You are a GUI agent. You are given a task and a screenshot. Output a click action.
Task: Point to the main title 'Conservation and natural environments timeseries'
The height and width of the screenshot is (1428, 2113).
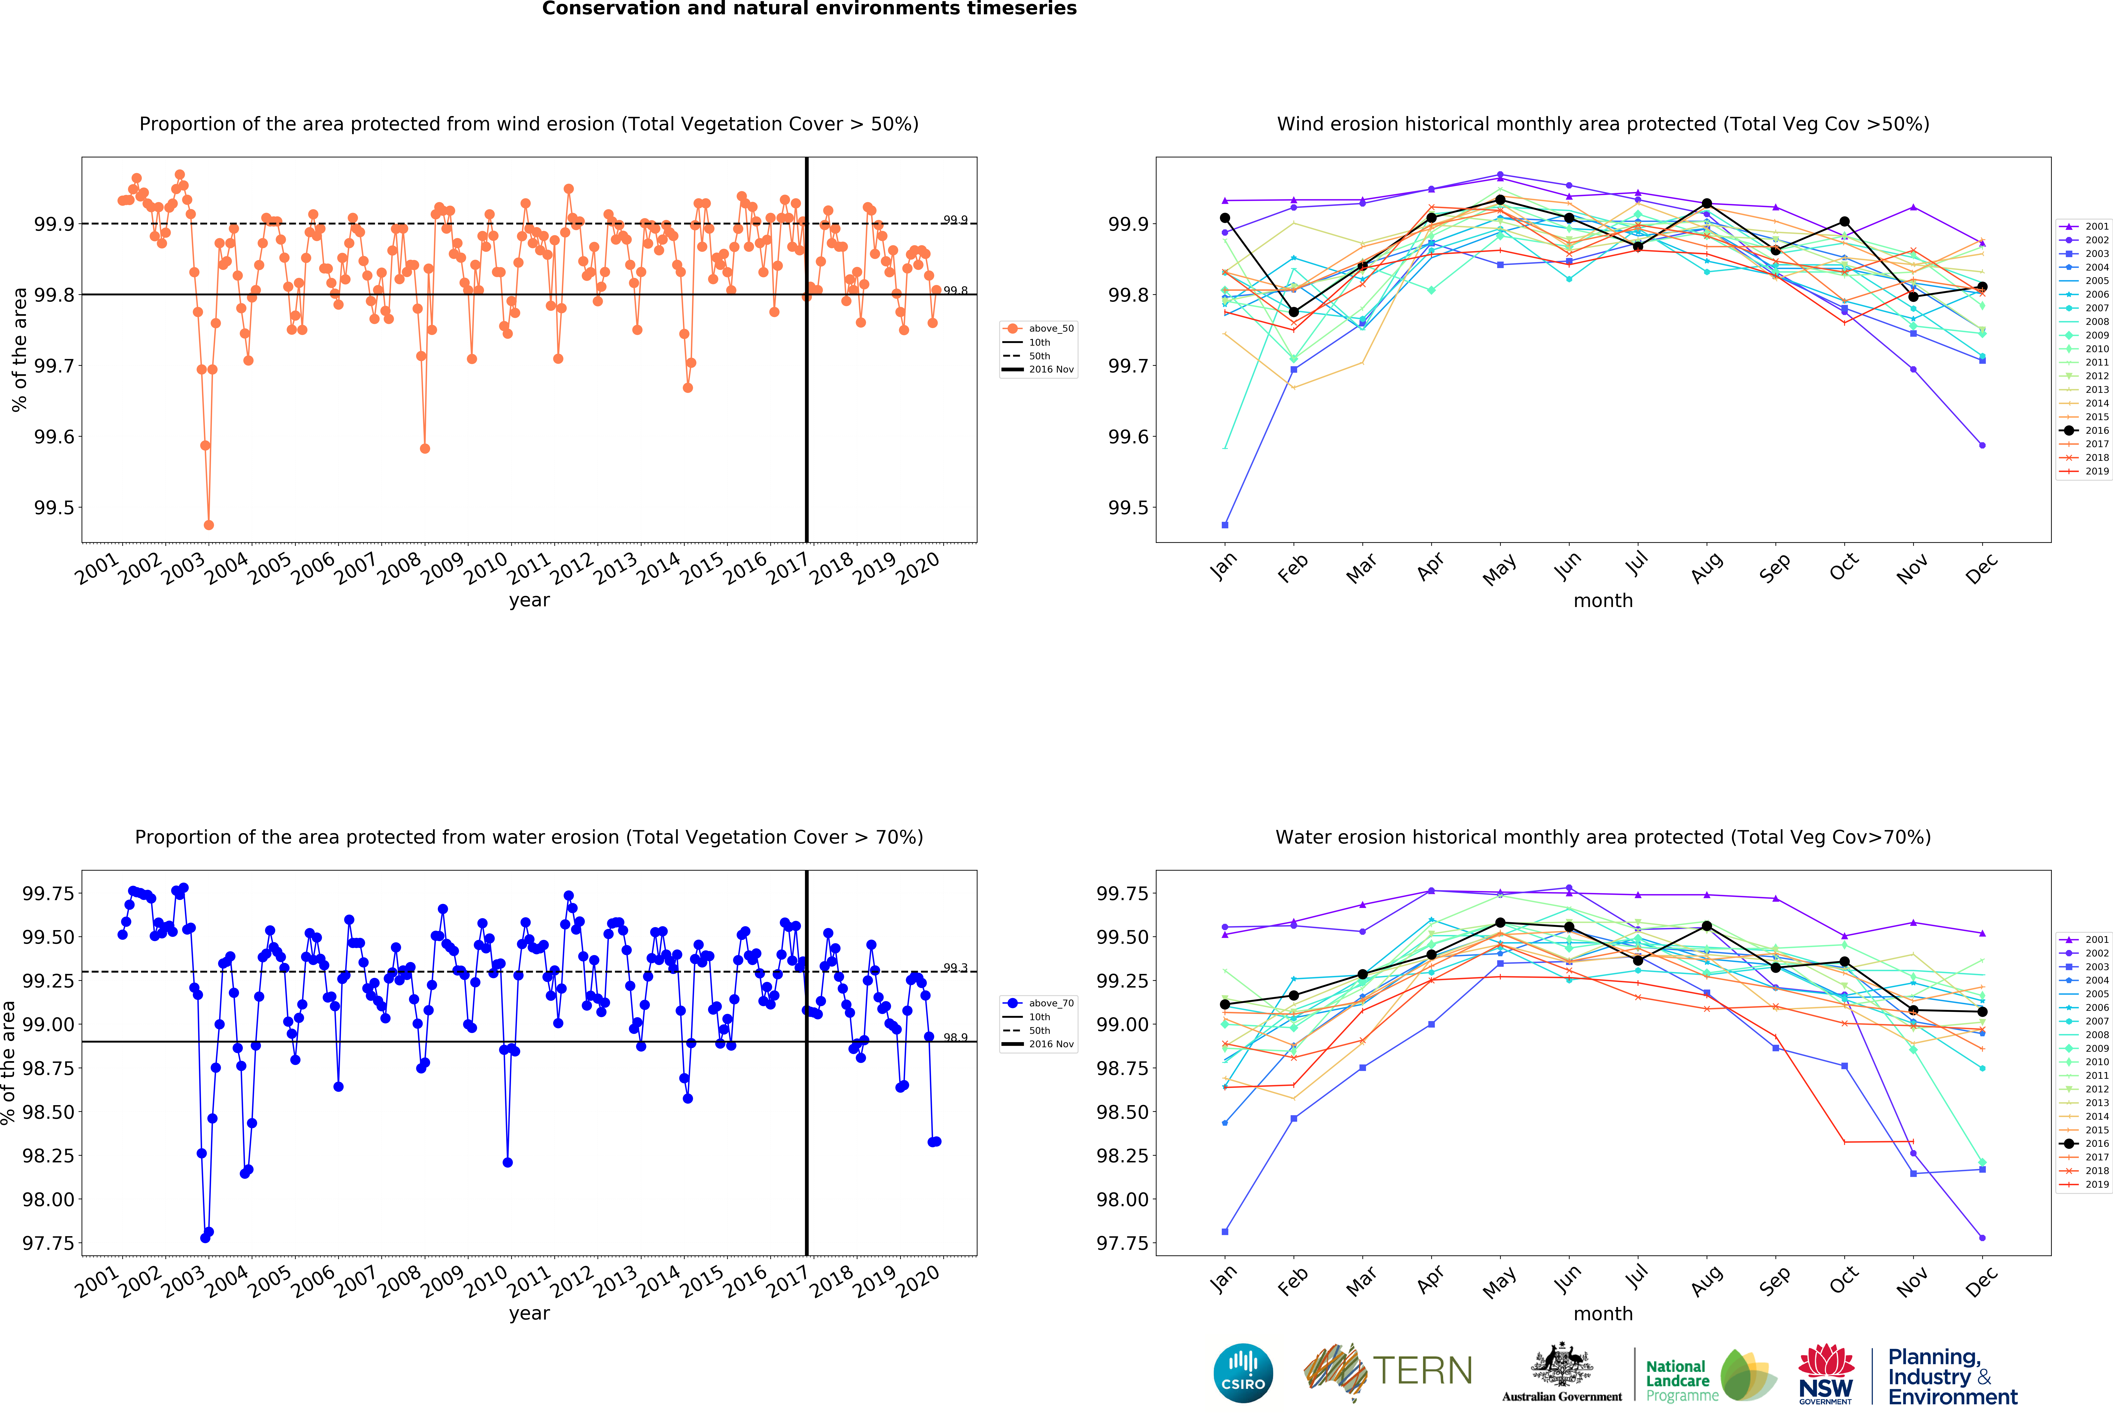click(x=809, y=9)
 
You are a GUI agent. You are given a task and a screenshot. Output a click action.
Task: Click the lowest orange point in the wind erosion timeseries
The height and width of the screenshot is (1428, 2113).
click(x=209, y=525)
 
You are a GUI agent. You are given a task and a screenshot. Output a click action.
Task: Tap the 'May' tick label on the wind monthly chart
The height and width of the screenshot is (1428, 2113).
click(x=1499, y=569)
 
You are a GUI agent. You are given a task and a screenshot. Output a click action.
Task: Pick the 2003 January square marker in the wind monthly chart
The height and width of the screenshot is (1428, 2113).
click(x=1225, y=525)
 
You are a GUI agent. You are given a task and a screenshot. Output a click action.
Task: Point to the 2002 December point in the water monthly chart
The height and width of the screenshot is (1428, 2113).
click(x=1982, y=1238)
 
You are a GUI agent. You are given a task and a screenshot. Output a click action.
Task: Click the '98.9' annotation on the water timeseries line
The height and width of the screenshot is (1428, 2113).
click(x=955, y=1037)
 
